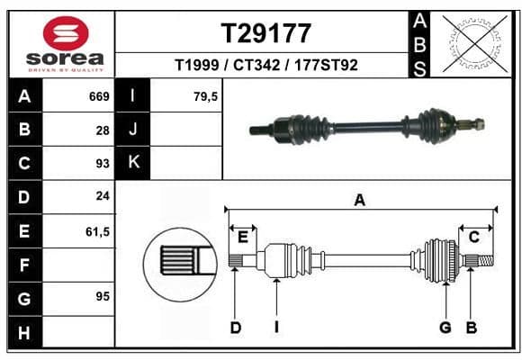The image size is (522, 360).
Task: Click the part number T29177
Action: click(266, 33)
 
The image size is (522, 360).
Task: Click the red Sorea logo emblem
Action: click(66, 33)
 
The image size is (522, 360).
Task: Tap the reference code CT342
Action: click(256, 65)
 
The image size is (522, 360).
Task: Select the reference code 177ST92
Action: click(326, 65)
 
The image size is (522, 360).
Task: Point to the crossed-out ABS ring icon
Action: click(475, 44)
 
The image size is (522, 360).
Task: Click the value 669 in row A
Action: click(99, 96)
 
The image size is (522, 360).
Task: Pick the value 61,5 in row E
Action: click(97, 231)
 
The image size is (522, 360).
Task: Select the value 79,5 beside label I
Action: click(205, 96)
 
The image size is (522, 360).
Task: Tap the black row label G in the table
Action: click(25, 299)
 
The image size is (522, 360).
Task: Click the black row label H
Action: click(25, 332)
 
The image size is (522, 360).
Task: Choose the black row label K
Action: click(133, 163)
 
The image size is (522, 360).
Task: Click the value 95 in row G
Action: click(103, 296)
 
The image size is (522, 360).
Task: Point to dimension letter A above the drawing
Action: click(360, 201)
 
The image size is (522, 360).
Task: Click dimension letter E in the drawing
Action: click(243, 238)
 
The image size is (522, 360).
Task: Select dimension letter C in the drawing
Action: click(473, 238)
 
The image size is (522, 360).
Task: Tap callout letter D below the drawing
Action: click(236, 328)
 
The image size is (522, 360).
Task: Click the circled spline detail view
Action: click(180, 265)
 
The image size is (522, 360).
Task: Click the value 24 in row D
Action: click(103, 196)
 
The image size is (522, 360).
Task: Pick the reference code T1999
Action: click(197, 65)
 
